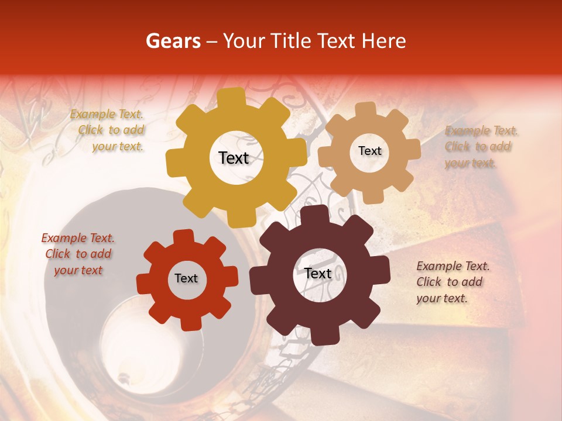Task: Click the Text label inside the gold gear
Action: point(234,158)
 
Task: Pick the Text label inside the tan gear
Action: point(369,151)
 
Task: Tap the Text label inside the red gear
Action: point(186,278)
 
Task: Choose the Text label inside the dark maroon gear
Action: point(318,274)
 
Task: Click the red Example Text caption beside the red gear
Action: point(78,254)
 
